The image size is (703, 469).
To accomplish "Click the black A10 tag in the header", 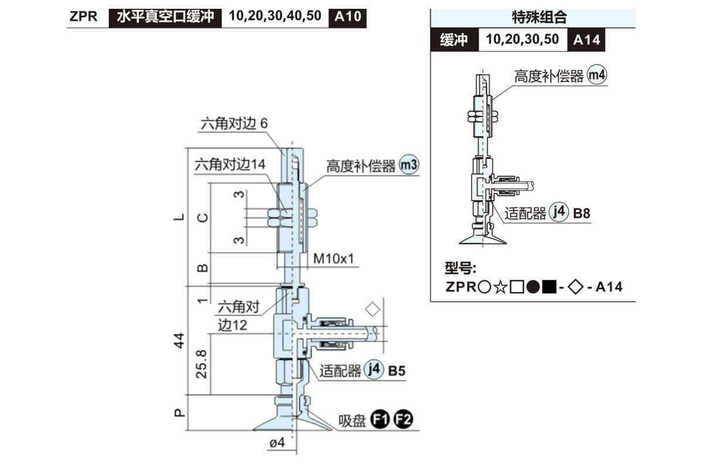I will (x=348, y=16).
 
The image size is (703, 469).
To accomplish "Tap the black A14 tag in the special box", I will (x=586, y=40).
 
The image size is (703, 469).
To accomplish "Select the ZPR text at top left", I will (x=83, y=16).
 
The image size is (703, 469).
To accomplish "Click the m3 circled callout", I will (x=409, y=165).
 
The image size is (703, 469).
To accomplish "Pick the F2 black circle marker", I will (x=403, y=420).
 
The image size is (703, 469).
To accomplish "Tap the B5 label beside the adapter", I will (x=397, y=371).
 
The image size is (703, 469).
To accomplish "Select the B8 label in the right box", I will (x=582, y=213).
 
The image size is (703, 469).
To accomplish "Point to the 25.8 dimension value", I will (x=201, y=365).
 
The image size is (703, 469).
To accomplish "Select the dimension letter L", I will (x=180, y=217).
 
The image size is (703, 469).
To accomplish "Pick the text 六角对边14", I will (x=230, y=165).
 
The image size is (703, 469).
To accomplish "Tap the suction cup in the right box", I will (x=484, y=237).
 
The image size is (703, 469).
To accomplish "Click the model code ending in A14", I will (x=534, y=287).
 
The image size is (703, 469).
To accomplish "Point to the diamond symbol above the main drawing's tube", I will (x=371, y=308).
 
